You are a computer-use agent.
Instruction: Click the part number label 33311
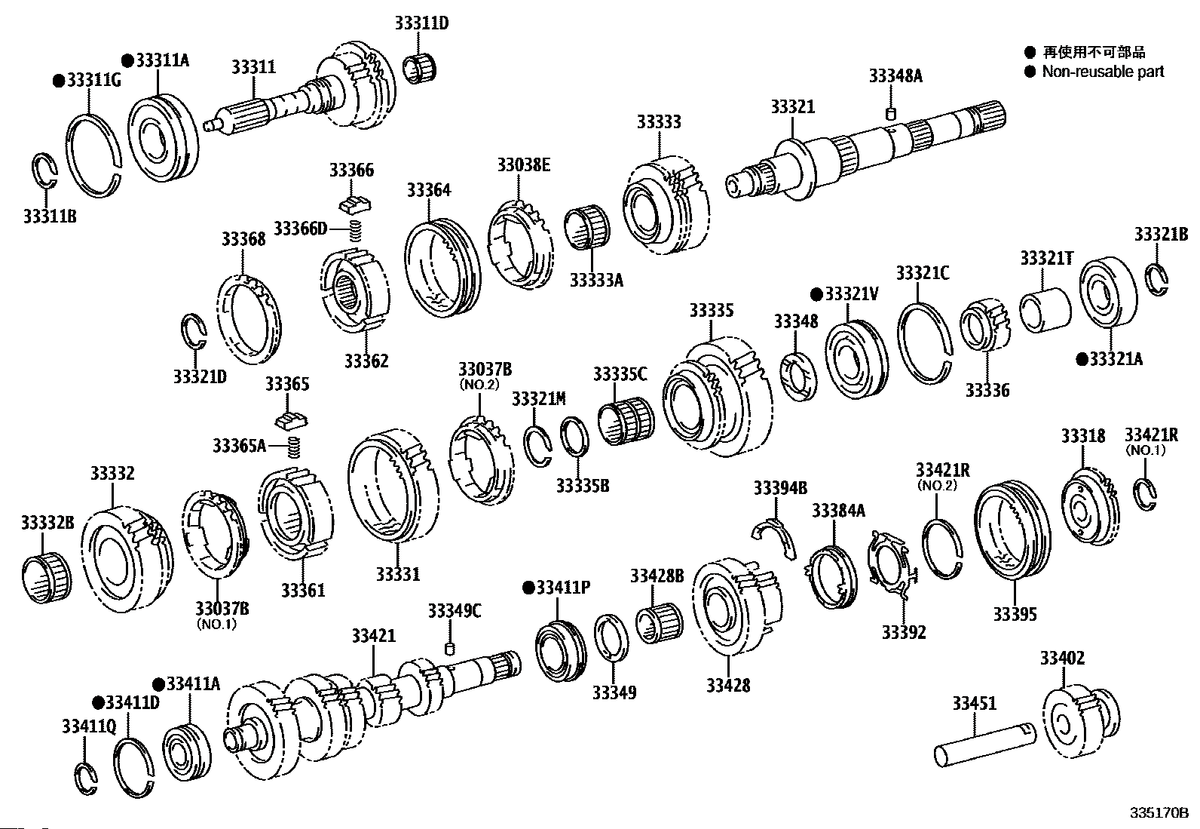point(253,67)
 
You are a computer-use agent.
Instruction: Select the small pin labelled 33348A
point(890,114)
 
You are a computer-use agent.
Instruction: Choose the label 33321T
point(1046,257)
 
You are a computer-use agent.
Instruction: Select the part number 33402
point(1062,658)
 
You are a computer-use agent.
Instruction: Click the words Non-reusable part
point(1103,72)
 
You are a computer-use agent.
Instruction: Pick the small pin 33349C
point(452,648)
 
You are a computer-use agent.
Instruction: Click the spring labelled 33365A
point(295,447)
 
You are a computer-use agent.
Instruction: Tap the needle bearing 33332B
point(46,576)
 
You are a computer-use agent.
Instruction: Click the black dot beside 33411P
point(528,587)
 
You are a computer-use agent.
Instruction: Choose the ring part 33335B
point(577,438)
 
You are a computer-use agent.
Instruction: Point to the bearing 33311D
point(421,68)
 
